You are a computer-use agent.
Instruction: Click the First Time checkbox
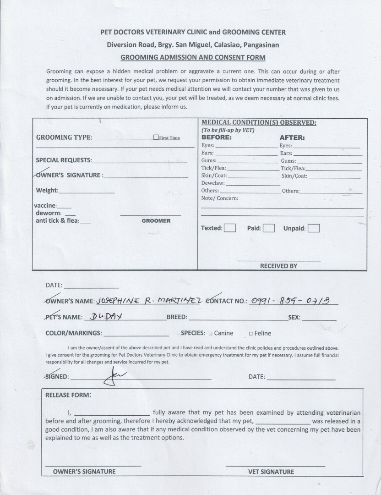[x=156, y=137]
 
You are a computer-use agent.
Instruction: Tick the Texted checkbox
[x=230, y=228]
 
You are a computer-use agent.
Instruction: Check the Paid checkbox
[x=269, y=228]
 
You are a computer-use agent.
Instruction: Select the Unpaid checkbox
[x=314, y=228]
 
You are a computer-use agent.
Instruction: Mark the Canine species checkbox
[x=210, y=334]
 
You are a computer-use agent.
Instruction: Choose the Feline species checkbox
[x=250, y=334]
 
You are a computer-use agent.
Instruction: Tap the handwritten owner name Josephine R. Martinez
[x=149, y=300]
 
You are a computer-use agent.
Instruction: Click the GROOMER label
[x=156, y=221]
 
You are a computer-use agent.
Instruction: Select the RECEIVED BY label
[x=278, y=266]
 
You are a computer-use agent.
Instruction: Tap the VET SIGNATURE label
[x=271, y=472]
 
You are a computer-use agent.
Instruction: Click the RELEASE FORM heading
[x=68, y=395]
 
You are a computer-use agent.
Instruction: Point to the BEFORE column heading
[x=217, y=137]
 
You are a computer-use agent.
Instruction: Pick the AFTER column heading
[x=292, y=137]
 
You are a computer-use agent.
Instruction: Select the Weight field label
[x=47, y=191]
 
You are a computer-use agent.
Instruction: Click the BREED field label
[x=176, y=317]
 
